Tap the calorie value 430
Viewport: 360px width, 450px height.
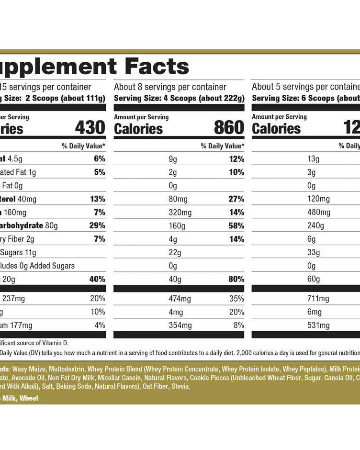90,128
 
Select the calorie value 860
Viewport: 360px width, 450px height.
229,128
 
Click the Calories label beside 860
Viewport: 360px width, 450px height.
138,129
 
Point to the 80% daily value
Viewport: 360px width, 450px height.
236,279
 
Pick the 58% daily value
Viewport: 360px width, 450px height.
236,225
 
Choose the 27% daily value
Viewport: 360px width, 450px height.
236,199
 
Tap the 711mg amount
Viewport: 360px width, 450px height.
318,299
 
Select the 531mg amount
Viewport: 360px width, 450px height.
318,326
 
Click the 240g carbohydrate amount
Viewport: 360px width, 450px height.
316,225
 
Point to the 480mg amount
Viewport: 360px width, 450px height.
319,212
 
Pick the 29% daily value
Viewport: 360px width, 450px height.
97,225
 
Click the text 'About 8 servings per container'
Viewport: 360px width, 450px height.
170,87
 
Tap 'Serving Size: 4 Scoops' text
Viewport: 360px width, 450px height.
153,98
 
